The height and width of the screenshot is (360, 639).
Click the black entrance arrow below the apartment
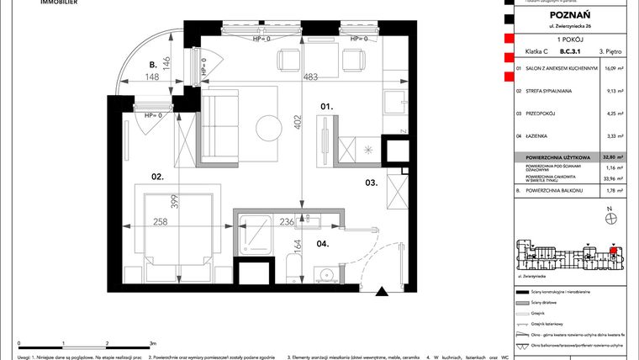383,292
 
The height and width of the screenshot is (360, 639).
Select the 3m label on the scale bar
151,343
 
